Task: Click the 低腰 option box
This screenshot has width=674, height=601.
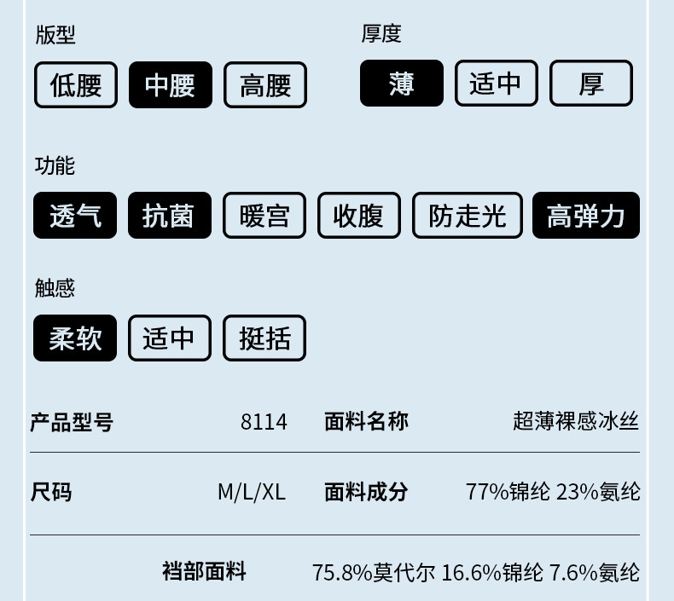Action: (76, 85)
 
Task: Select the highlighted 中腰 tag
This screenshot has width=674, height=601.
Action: (171, 85)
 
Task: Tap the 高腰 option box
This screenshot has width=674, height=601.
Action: (265, 85)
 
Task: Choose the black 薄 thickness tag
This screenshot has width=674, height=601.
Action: (402, 84)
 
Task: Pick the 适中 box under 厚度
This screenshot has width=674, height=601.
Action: (497, 84)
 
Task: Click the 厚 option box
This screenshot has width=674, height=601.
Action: (591, 84)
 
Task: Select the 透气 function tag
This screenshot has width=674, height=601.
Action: (75, 216)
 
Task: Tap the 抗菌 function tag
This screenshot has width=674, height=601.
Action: (169, 216)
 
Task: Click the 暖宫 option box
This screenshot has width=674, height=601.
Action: (264, 216)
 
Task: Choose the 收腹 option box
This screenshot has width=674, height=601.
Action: (359, 216)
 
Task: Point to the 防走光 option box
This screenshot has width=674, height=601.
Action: (468, 216)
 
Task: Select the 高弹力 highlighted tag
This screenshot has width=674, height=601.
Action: (586, 216)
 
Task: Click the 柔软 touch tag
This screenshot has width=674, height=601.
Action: (75, 338)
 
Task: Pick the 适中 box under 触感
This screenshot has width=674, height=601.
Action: (170, 338)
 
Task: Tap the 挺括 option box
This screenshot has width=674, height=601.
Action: (264, 338)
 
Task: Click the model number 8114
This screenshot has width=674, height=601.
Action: (264, 421)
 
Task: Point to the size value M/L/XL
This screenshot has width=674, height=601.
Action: (252, 492)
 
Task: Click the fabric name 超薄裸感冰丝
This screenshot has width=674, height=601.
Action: (576, 420)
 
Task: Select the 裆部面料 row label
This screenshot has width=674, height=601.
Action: (204, 571)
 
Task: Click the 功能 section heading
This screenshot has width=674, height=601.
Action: (55, 165)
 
